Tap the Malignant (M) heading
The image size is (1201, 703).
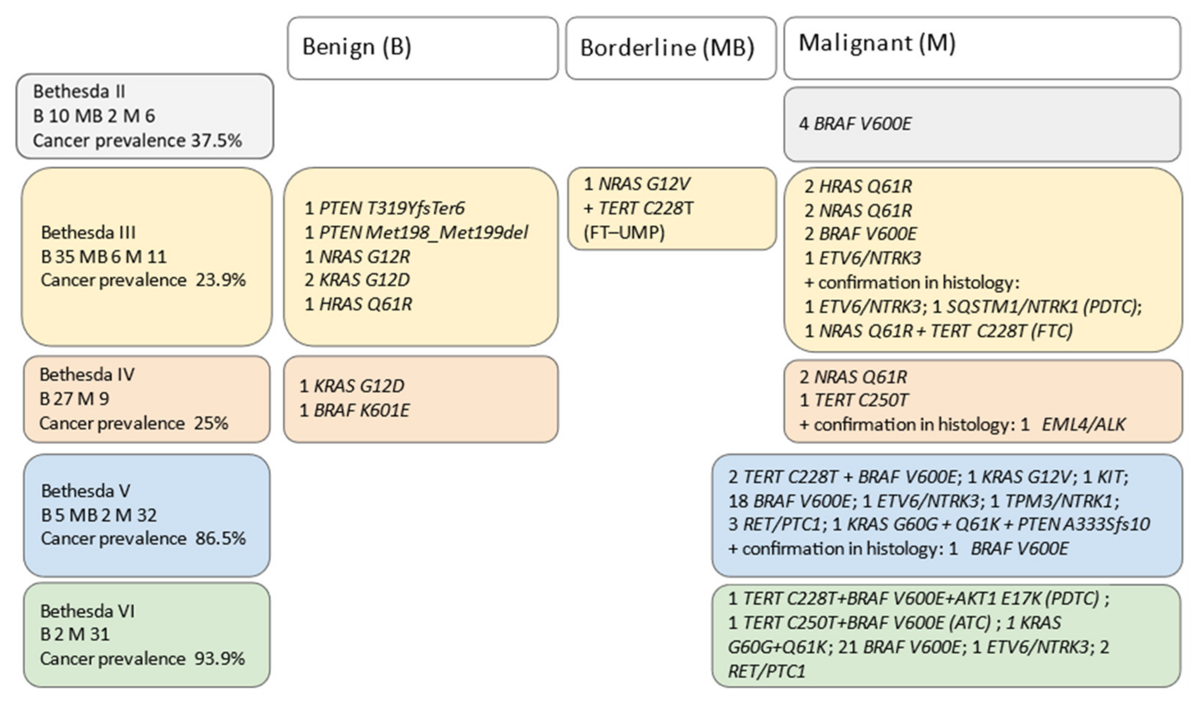pos(877,43)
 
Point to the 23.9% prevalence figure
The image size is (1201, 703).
pos(220,280)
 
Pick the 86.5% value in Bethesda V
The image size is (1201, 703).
pos(220,539)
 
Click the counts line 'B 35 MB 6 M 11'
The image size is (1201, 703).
pos(104,257)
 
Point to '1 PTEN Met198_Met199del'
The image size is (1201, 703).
pos(416,232)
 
